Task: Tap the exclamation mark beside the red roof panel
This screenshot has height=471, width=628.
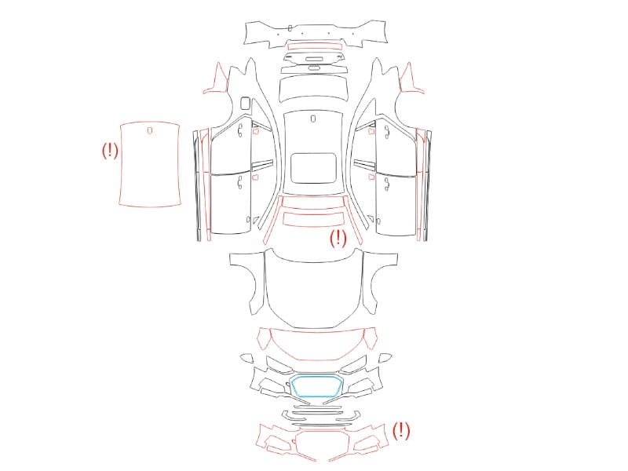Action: click(x=110, y=151)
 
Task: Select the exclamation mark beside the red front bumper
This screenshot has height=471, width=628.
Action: click(x=401, y=430)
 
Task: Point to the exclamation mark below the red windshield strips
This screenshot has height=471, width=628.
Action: click(x=338, y=238)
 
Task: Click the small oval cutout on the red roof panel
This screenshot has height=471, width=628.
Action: click(x=150, y=130)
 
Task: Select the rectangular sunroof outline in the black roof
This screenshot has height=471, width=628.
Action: click(x=313, y=154)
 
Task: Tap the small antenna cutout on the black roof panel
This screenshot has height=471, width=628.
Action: click(x=313, y=119)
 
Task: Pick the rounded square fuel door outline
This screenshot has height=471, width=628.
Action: click(x=245, y=103)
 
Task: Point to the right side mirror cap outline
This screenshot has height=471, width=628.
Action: click(x=385, y=358)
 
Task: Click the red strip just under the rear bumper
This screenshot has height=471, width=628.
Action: click(x=316, y=47)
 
